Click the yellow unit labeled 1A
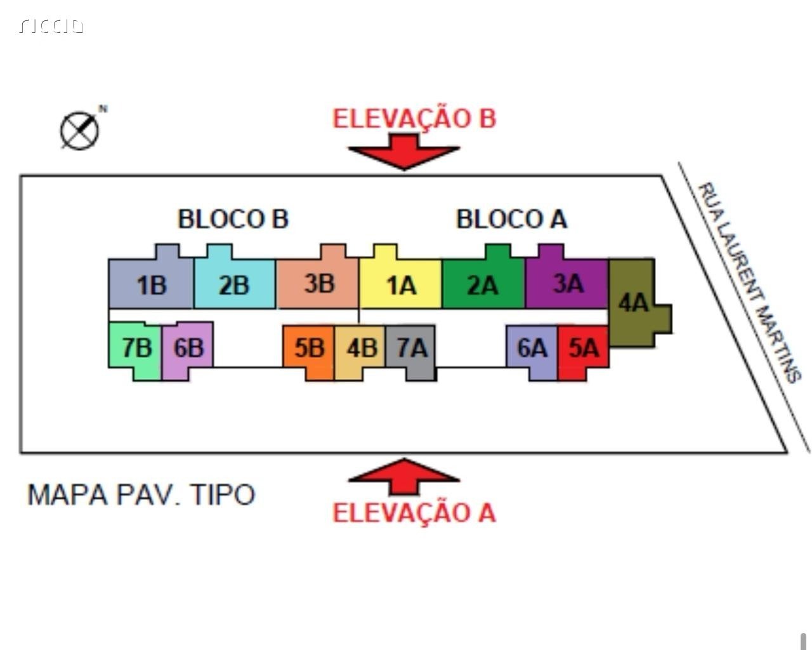point(400,283)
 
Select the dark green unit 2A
point(483,283)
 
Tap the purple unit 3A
point(566,283)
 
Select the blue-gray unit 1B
point(151,283)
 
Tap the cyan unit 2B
point(234,283)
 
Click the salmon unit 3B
point(317,283)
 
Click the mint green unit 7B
point(135,347)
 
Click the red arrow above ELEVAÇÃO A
point(403,476)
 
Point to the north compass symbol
point(80,131)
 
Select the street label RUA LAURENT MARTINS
point(749,282)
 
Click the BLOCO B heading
point(233,219)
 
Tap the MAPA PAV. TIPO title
point(141,494)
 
